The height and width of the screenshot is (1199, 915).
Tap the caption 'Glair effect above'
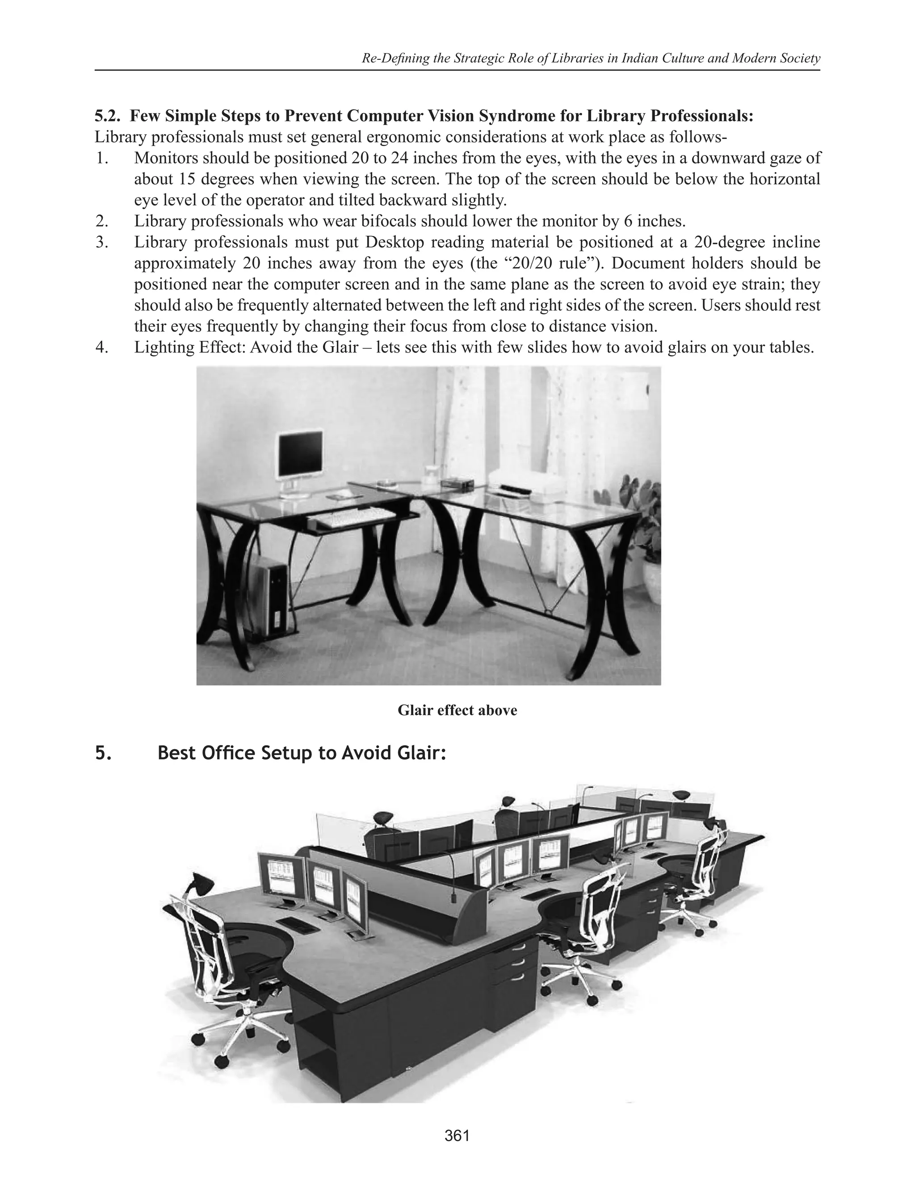(457, 710)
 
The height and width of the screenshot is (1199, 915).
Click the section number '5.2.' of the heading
(109, 116)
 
